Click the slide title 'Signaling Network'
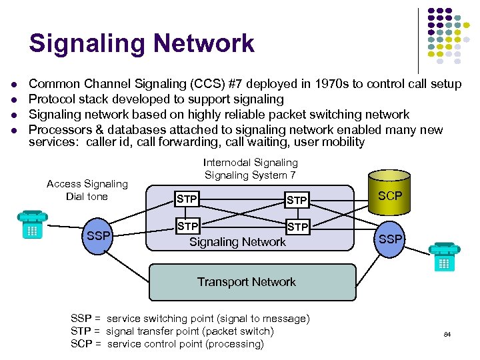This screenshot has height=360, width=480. point(141,43)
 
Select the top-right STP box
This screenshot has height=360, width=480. point(297,199)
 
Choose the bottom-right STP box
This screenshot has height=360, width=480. point(297,227)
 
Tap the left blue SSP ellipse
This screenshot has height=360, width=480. point(99,237)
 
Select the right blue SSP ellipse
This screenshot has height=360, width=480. point(391,239)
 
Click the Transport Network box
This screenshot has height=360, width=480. point(246,282)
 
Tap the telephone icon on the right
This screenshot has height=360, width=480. point(444,257)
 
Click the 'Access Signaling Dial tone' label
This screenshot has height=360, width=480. point(87,190)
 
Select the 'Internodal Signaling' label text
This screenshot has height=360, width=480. point(250,163)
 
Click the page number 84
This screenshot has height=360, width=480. point(447,334)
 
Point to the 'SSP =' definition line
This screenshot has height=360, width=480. point(189,319)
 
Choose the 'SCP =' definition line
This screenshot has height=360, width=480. point(167,344)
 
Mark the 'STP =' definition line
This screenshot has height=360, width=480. point(172,331)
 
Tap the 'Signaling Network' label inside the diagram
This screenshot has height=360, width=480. point(237,242)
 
